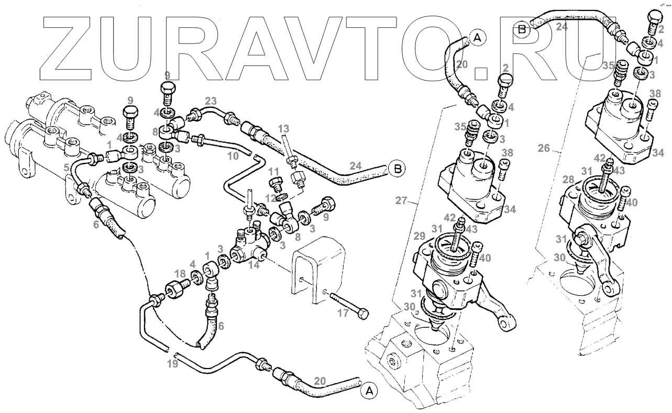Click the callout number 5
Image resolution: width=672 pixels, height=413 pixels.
coord(67,169)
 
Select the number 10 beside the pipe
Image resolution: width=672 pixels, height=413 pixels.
coord(234,156)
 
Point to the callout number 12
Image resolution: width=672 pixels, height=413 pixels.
coord(270,199)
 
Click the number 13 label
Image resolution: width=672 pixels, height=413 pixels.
coord(283,129)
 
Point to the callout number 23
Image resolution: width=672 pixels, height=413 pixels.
coord(211,101)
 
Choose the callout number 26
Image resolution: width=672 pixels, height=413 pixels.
coord(543,148)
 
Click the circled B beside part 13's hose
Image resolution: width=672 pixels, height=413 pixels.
coord(398,169)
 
